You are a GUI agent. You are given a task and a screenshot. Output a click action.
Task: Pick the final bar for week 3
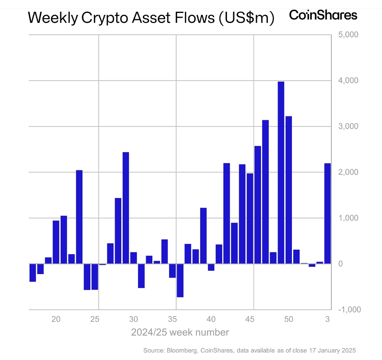[x=327, y=214]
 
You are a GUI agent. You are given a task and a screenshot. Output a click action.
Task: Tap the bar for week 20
[x=56, y=242]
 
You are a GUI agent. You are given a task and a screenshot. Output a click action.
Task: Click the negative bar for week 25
[x=95, y=277]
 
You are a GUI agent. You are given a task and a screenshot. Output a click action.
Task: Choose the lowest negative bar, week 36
[x=180, y=280]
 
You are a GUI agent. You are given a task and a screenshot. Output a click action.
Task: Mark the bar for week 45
[x=250, y=219]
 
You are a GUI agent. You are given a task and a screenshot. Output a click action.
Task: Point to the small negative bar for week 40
[x=211, y=267]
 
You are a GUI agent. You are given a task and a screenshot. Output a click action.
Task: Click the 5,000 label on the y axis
[x=348, y=35]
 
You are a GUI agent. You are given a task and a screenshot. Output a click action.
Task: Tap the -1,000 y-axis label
[x=349, y=310]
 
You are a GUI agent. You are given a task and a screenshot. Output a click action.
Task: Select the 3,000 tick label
[x=348, y=126]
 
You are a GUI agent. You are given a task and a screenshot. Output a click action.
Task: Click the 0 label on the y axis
[x=340, y=264]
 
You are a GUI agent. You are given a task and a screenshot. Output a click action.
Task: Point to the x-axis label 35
[x=172, y=319]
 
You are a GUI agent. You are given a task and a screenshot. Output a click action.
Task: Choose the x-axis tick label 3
[x=327, y=319]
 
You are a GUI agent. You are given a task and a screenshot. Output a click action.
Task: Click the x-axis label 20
[x=56, y=319]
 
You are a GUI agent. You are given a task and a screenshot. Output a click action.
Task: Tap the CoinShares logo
[x=323, y=15]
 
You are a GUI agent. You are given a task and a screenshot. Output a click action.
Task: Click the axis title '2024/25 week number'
[x=180, y=332]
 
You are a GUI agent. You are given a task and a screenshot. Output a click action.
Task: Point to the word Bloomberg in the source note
[x=182, y=350]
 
